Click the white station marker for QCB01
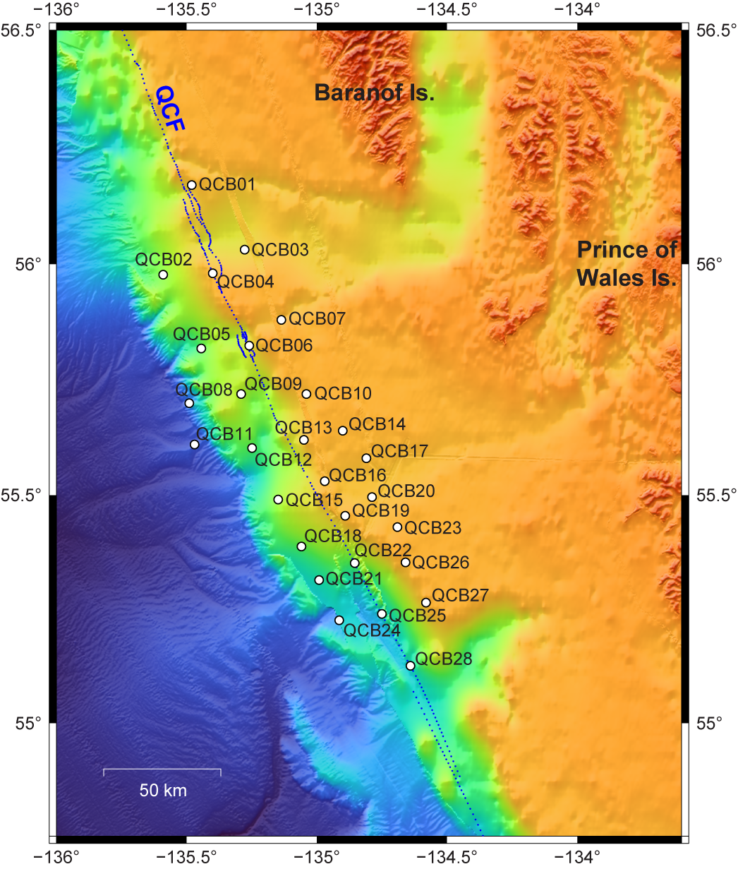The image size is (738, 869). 191,185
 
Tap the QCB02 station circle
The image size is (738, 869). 163,275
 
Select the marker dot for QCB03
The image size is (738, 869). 245,249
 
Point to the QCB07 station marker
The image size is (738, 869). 281,320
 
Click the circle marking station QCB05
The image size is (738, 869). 201,348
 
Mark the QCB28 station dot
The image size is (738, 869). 410,666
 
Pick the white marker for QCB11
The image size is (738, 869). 194,444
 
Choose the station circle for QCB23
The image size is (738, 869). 397,527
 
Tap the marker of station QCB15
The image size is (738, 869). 278,499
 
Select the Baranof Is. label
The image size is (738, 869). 374,92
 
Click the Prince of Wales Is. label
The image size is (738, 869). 627,263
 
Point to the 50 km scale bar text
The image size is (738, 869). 163,790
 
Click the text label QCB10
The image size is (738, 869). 343,393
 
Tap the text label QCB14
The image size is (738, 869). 377,424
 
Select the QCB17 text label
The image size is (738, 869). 399,451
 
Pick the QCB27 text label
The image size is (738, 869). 460,595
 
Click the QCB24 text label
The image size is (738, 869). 372,630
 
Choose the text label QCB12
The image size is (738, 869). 283,460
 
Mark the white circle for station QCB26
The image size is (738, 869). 405,562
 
